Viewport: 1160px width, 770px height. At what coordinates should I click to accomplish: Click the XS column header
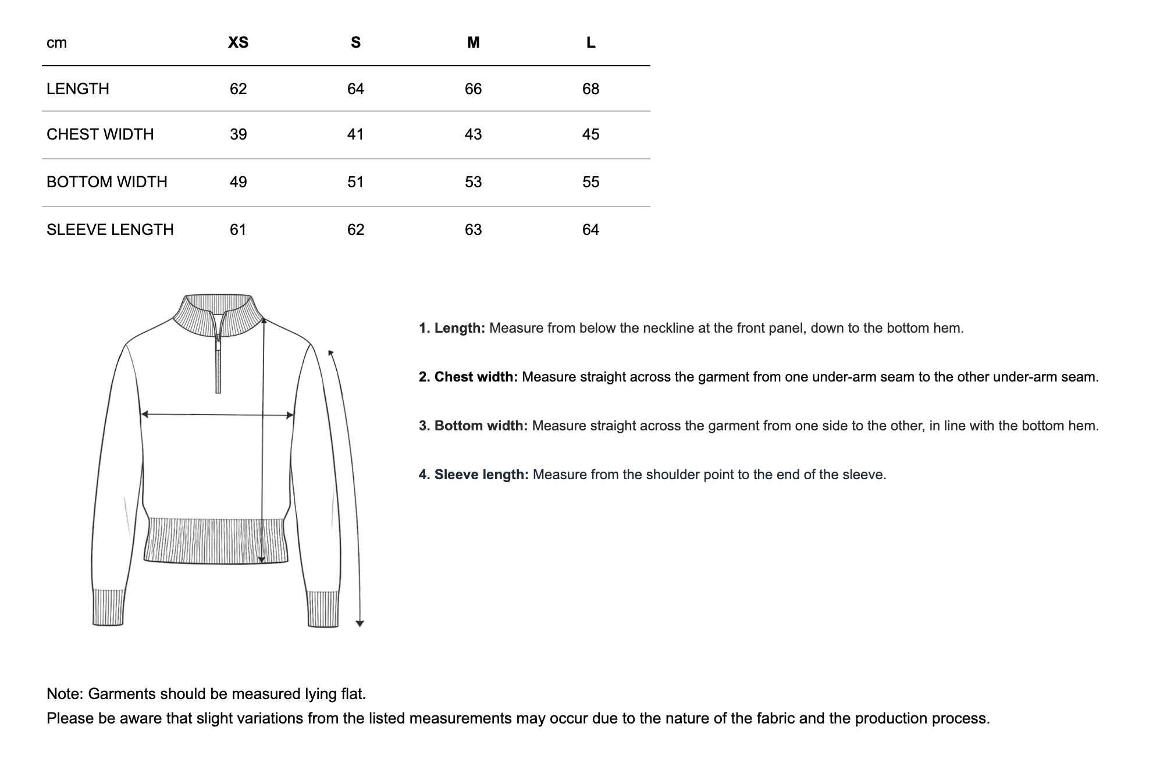click(238, 42)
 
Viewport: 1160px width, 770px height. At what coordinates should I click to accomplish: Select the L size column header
click(590, 42)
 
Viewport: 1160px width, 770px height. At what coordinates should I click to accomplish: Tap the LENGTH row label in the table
click(78, 89)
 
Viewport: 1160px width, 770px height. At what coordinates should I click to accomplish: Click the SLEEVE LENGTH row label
click(110, 230)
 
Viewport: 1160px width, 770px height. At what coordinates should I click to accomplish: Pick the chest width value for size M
click(473, 134)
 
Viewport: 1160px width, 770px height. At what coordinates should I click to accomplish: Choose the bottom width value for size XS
click(238, 182)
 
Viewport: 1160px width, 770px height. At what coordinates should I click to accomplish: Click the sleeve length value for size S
click(355, 230)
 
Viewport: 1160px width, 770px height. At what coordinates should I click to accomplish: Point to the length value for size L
click(590, 89)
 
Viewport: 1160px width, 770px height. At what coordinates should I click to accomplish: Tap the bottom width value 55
click(590, 182)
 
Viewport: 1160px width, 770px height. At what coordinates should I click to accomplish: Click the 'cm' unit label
click(56, 42)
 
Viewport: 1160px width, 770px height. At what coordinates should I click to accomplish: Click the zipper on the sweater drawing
click(218, 361)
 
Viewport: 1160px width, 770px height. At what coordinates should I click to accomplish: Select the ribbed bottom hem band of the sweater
click(215, 541)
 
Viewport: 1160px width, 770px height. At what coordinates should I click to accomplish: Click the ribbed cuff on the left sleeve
click(108, 608)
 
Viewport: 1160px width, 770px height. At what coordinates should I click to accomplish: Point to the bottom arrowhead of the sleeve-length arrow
click(360, 623)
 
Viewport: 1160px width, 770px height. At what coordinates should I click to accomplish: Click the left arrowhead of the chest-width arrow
click(145, 414)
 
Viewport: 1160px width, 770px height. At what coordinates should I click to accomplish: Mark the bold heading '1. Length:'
click(451, 328)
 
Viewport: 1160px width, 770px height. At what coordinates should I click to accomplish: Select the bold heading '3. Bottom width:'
click(472, 426)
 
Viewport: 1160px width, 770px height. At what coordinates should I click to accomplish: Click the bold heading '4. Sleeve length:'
click(473, 475)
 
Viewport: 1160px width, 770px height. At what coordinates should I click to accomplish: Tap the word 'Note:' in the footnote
click(65, 694)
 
